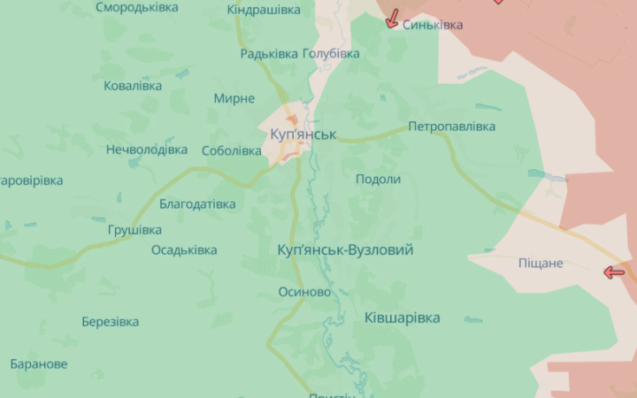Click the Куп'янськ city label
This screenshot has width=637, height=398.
pyautogui.click(x=303, y=134)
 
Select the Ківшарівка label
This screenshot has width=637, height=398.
pyautogui.click(x=402, y=318)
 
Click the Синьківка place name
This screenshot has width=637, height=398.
pyautogui.click(x=433, y=25)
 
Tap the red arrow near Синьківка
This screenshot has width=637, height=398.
pyautogui.click(x=392, y=19)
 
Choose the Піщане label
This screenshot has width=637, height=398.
pyautogui.click(x=541, y=264)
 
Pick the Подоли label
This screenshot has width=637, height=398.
pyautogui.click(x=378, y=179)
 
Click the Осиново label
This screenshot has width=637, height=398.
pyautogui.click(x=304, y=292)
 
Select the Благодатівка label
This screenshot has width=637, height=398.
pyautogui.click(x=197, y=204)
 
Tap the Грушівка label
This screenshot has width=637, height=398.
pyautogui.click(x=134, y=230)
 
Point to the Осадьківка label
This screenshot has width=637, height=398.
pyautogui.click(x=184, y=249)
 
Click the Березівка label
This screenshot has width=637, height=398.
pyautogui.click(x=110, y=322)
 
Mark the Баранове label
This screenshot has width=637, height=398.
pyautogui.click(x=39, y=364)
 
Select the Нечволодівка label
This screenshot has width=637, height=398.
pyautogui.click(x=147, y=149)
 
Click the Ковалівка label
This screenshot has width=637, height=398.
pyautogui.click(x=133, y=86)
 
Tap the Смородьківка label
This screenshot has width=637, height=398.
pyautogui.click(x=137, y=7)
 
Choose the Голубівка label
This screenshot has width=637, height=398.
pyautogui.click(x=331, y=54)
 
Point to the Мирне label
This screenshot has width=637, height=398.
pyautogui.click(x=234, y=98)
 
